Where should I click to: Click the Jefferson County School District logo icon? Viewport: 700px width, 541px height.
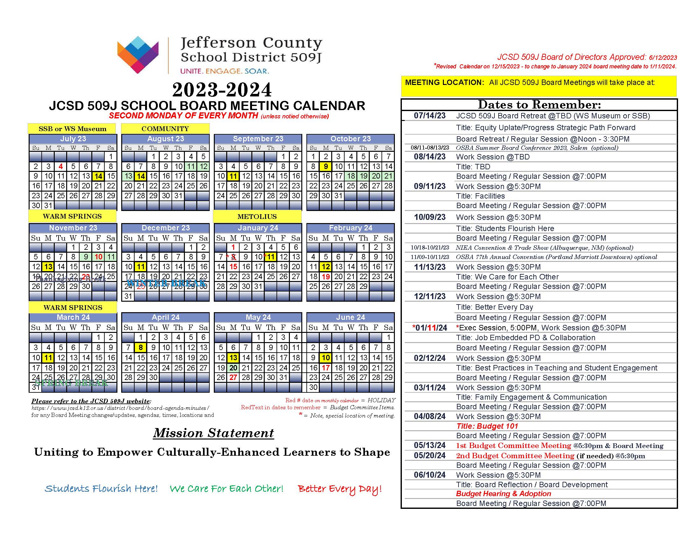(x=138, y=54)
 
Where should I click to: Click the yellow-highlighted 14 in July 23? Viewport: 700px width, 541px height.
(x=98, y=176)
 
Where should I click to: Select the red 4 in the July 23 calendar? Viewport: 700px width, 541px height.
(x=60, y=166)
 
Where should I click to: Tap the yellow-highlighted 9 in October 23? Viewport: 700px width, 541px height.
(x=325, y=166)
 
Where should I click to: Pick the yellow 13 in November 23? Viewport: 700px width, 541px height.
(x=48, y=267)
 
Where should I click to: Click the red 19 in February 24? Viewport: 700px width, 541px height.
(x=325, y=277)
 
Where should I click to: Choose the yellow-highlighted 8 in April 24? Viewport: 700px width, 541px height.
(x=141, y=348)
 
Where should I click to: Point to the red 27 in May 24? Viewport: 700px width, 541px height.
(x=233, y=377)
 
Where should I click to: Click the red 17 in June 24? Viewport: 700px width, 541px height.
(x=325, y=368)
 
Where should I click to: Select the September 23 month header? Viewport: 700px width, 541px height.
(x=258, y=139)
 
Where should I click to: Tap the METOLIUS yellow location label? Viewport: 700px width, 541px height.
(x=257, y=217)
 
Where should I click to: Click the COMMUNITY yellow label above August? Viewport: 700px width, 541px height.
(x=165, y=129)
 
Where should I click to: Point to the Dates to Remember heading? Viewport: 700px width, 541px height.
(x=539, y=105)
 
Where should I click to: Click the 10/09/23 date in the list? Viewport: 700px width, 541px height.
(x=430, y=217)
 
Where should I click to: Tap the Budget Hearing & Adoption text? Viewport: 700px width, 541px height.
(x=503, y=494)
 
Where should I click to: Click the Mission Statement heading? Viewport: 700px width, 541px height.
(x=213, y=433)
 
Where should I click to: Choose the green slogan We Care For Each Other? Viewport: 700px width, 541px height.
(x=226, y=488)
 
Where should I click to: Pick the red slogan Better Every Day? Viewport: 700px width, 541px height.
(x=339, y=488)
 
